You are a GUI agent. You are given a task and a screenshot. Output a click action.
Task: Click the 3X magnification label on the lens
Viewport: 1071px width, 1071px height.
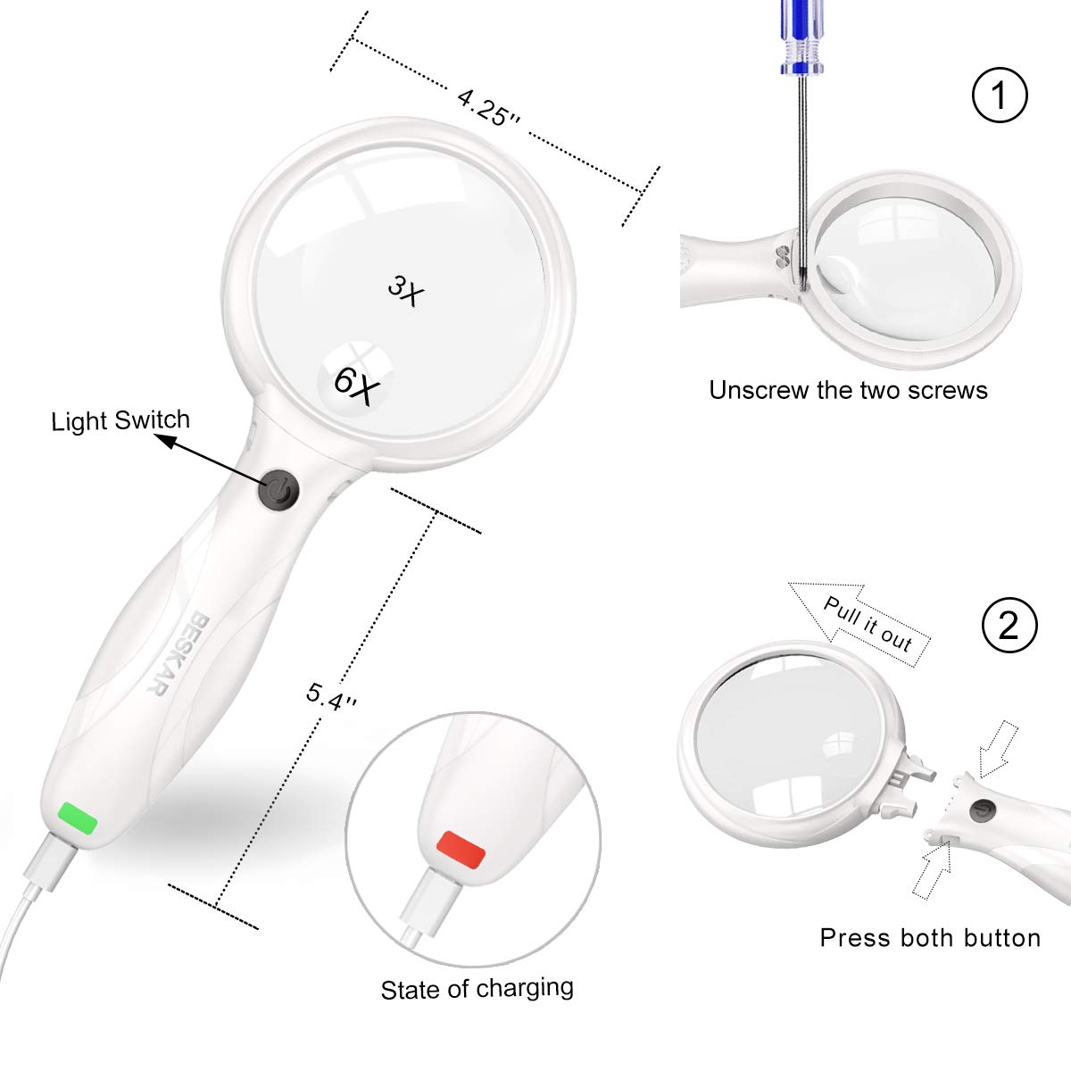[x=403, y=290]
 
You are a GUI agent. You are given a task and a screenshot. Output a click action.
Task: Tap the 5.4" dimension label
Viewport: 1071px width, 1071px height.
[x=331, y=695]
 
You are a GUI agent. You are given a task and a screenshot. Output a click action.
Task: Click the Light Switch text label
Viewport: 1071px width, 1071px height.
[x=120, y=420]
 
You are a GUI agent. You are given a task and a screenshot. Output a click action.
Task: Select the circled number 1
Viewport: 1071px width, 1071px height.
[x=1000, y=95]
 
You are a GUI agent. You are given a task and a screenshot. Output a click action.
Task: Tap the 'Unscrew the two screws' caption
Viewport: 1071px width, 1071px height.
[x=848, y=390]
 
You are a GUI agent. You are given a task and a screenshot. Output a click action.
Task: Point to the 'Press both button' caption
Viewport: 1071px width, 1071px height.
[x=930, y=938]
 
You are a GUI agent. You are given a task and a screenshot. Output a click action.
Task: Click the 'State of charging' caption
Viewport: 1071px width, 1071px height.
[x=477, y=989]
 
